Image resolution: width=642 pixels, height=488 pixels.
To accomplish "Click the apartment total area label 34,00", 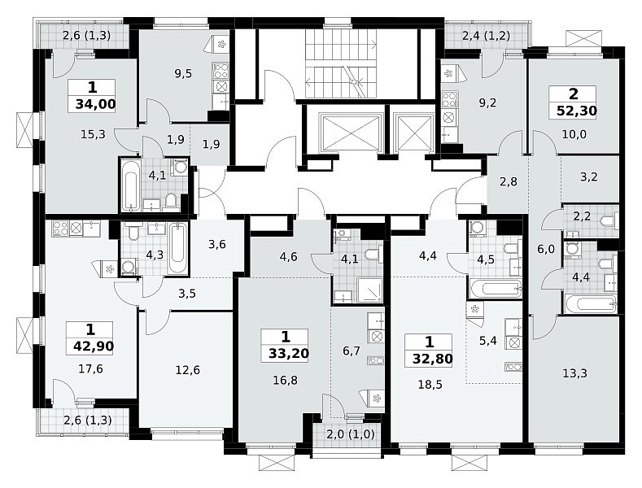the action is pos(95,104).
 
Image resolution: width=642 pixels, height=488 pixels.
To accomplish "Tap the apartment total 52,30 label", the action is pos(576,111).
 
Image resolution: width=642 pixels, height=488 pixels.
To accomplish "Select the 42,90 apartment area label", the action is pos(94,346).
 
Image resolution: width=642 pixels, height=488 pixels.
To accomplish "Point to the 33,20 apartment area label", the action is pos(289,353).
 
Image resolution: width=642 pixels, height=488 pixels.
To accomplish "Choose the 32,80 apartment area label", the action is pos(432,359).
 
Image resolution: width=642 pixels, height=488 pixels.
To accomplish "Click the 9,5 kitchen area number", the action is pos(183,74).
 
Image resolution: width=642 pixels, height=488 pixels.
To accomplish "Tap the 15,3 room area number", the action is pos(93,134).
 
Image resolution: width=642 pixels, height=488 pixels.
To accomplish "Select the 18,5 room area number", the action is pos(430,385).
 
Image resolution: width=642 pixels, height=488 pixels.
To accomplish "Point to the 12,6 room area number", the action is pos(187,370).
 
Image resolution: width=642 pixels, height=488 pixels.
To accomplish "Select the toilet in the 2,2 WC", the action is pos(610,221).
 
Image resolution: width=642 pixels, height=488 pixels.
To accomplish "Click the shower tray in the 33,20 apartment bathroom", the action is pos(369,290).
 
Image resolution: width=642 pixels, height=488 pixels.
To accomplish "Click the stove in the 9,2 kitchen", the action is pos(448,100).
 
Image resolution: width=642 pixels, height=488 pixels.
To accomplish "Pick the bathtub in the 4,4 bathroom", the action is pos(591,303).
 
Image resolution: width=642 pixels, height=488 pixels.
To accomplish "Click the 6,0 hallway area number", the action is pos(545,249).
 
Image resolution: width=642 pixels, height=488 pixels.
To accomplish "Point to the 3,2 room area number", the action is pos(589,176).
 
